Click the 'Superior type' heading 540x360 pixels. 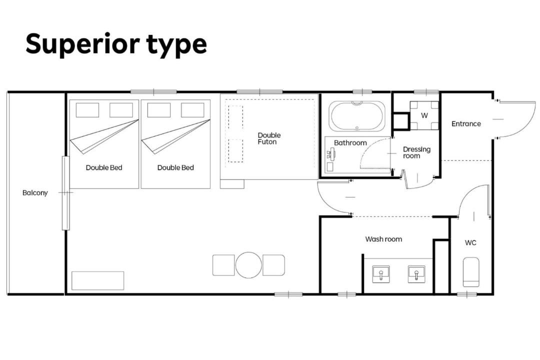point(116,44)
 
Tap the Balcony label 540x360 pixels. point(35,193)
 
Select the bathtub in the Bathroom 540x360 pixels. point(357,116)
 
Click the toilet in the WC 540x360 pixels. point(471,272)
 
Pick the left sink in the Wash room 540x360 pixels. point(381,274)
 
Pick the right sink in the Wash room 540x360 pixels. point(416,274)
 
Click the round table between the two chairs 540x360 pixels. point(248,265)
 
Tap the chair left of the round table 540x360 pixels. point(223,265)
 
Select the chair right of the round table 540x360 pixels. point(274,265)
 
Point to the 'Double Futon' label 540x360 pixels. point(269,138)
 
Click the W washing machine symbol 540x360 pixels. point(424,115)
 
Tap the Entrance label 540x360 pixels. point(466,123)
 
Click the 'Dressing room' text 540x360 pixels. point(416,152)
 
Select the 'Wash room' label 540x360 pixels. point(383,239)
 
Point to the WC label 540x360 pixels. point(470,243)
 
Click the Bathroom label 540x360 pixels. point(350,143)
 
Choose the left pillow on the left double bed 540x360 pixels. point(87,110)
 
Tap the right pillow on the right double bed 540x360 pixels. point(192,110)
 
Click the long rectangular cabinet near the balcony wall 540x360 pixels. point(98,281)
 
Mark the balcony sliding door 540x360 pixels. point(66,193)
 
